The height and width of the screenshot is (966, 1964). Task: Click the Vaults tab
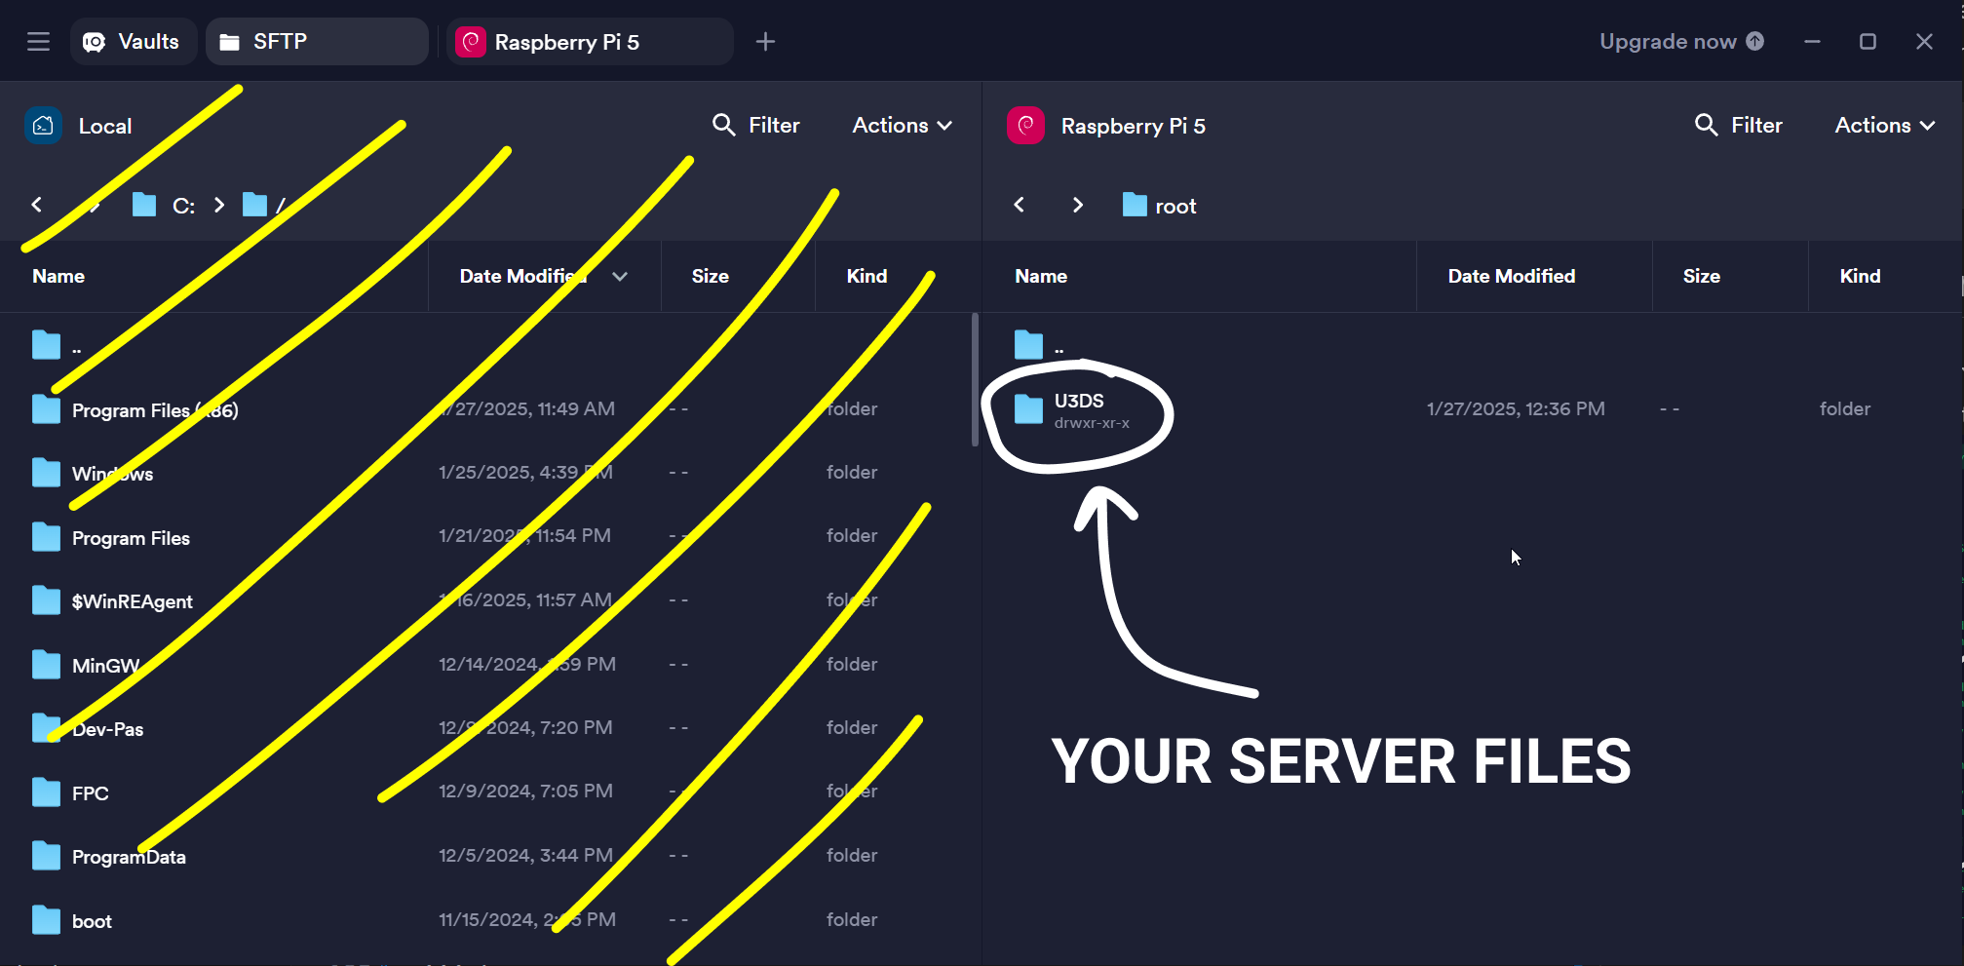coord(134,42)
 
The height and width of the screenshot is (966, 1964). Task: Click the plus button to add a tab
coord(765,42)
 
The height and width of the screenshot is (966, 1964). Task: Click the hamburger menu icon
coord(38,42)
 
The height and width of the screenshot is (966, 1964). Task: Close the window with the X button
coord(1923,42)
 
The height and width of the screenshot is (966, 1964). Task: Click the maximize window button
coord(1867,42)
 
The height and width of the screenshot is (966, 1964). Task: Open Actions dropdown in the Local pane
coord(902,126)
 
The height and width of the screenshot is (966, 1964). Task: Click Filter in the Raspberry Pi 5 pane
coord(1739,126)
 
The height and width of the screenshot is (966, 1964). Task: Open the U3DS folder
coord(1079,402)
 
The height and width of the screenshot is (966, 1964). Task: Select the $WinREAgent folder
coord(132,602)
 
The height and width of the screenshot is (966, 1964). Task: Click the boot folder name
coord(92,922)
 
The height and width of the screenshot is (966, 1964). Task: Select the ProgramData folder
coord(129,858)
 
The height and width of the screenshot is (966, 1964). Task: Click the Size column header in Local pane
coord(710,277)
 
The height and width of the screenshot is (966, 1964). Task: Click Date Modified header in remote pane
coord(1511,277)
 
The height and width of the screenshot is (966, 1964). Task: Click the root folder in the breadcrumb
coord(1175,207)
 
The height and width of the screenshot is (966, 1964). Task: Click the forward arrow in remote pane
coord(1077,206)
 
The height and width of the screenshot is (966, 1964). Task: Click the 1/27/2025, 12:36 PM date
coord(1516,409)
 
